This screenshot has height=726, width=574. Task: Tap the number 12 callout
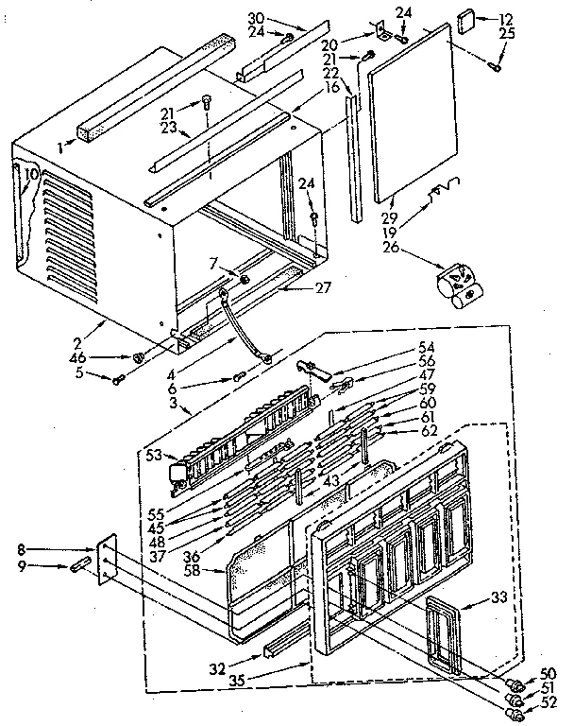point(505,18)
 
